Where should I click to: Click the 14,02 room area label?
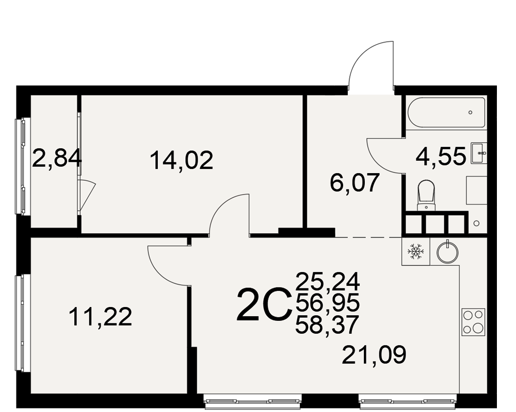pyautogui.click(x=181, y=160)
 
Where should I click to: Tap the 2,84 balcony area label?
pyautogui.click(x=57, y=158)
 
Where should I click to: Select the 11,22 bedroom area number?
pyautogui.click(x=101, y=316)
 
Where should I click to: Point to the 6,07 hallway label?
pyautogui.click(x=355, y=182)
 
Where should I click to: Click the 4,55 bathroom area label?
pyautogui.click(x=441, y=156)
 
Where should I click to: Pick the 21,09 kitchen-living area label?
pyautogui.click(x=374, y=354)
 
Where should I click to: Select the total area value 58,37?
pyautogui.click(x=327, y=324)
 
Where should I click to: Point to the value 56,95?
pyautogui.click(x=328, y=303)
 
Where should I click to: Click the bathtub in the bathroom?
pyautogui.click(x=446, y=112)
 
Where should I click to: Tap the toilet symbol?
pyautogui.click(x=426, y=195)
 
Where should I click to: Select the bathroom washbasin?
pyautogui.click(x=477, y=153)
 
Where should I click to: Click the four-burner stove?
pyautogui.click(x=473, y=322)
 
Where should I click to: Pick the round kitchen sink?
pyautogui.click(x=447, y=252)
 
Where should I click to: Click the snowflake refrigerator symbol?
pyautogui.click(x=415, y=251)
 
